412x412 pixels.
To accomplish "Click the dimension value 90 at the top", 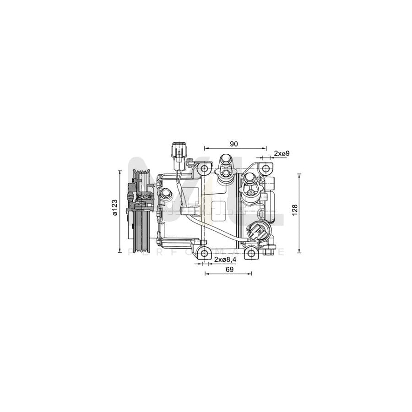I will coord(234,144).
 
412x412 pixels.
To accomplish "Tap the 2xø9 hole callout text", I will coord(282,153).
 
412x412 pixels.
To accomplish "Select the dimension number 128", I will coord(295,209).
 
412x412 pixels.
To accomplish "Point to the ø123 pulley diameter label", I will coord(115,208).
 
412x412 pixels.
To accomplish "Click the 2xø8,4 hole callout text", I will coord(225,260).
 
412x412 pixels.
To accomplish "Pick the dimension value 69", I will coord(230,270).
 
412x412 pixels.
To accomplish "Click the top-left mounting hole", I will coord(205,170).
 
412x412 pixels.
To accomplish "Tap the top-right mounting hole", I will coord(264,170).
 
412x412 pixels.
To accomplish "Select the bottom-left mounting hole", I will coord(205,253).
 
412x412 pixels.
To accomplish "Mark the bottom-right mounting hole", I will coord(251,253).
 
